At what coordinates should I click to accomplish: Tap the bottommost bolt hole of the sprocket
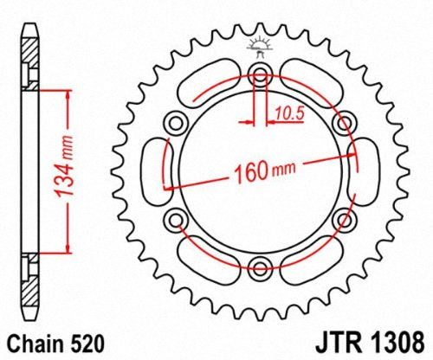pos(260,266)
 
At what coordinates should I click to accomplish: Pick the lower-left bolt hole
pos(176,217)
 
